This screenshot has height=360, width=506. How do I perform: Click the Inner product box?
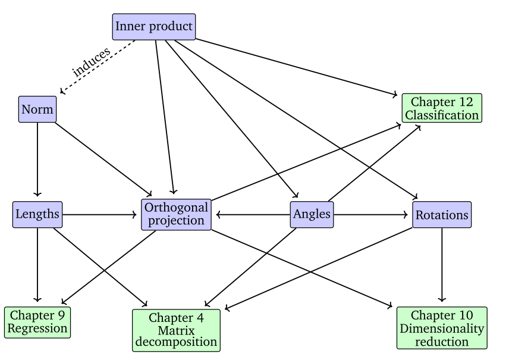pos(154,27)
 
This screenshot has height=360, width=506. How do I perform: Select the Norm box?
pos(37,109)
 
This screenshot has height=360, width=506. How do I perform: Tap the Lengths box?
pos(37,214)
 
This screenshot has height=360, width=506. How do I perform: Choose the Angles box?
pos(312,214)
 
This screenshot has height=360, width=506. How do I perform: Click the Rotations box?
pos(442,214)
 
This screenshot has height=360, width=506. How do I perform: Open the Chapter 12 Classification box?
pos(442,108)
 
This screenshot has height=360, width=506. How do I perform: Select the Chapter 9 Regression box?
pos(37,321)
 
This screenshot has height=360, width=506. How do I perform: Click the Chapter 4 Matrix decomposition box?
pos(177,330)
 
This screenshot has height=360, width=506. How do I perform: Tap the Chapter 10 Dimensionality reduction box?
pos(442,327)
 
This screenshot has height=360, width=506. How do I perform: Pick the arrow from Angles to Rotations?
pos(372,214)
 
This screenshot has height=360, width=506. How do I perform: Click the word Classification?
pos(442,115)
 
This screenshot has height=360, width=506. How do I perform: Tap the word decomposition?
pos(177,342)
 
